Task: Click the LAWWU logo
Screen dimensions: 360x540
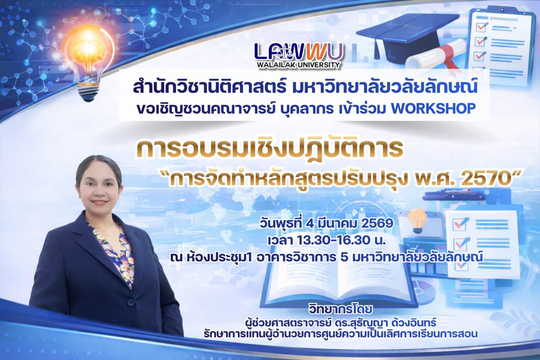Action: click(298, 51)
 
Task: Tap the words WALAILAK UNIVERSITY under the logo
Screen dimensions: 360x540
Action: click(298, 64)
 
